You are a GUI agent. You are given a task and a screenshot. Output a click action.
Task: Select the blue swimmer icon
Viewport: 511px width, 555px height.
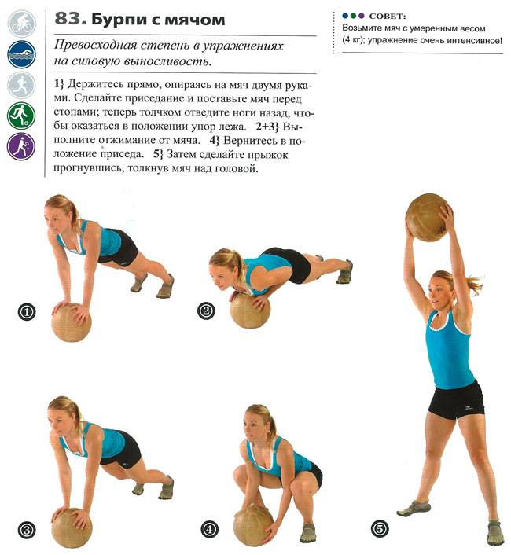click(21, 54)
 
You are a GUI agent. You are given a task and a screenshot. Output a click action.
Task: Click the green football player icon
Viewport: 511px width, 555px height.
click(21, 116)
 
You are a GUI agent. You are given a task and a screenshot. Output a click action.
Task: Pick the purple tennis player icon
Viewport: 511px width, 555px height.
click(21, 146)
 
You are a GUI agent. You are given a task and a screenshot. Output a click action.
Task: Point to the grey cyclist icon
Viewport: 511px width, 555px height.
click(21, 24)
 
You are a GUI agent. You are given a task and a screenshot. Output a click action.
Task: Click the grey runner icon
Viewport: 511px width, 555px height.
click(21, 86)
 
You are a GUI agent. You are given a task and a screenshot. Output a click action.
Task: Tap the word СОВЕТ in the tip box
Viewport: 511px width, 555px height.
click(387, 17)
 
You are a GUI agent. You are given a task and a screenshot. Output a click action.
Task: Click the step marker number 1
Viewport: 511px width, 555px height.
click(27, 312)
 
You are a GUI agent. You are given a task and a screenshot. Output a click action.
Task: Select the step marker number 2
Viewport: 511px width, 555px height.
click(206, 311)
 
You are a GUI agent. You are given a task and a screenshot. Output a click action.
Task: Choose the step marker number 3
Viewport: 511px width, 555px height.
click(27, 530)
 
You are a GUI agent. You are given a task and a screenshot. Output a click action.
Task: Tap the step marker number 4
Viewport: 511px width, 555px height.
click(210, 530)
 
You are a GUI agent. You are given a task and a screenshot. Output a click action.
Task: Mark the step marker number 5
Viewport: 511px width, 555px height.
click(380, 530)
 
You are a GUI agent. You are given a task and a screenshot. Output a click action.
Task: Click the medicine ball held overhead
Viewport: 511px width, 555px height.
click(427, 218)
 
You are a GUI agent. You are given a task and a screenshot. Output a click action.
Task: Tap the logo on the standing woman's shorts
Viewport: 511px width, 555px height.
click(469, 410)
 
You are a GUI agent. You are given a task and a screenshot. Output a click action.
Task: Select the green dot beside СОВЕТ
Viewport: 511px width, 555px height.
click(353, 16)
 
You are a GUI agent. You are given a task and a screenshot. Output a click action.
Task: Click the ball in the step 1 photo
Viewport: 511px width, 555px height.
click(72, 322)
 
